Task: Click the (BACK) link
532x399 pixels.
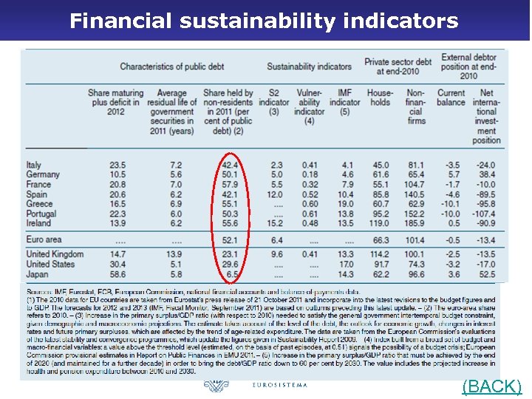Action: pyautogui.click(x=491, y=386)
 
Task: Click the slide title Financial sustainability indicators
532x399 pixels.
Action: pyautogui.click(x=264, y=20)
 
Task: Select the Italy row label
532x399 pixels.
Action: pyautogui.click(x=34, y=165)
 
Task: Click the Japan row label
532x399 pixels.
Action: pyautogui.click(x=37, y=273)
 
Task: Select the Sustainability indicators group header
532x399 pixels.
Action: pyautogui.click(x=309, y=66)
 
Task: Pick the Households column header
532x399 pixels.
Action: pyautogui.click(x=380, y=98)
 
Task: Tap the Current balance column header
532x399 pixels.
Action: pyautogui.click(x=451, y=98)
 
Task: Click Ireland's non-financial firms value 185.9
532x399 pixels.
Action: pyautogui.click(x=415, y=222)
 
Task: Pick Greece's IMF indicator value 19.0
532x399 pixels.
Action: pyautogui.click(x=344, y=203)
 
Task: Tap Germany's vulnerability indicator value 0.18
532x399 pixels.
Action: pyautogui.click(x=310, y=174)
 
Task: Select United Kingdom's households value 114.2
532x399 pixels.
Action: pyautogui.click(x=379, y=254)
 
